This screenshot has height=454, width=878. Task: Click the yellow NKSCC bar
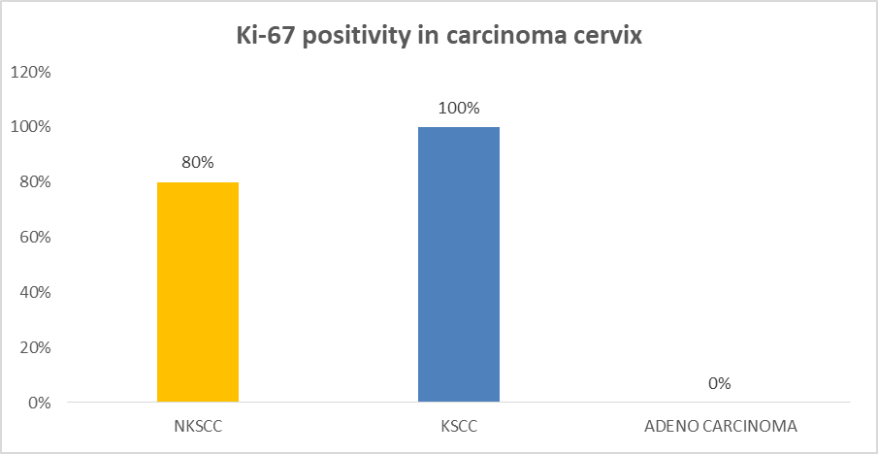tap(198, 292)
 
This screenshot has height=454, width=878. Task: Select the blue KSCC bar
tap(459, 265)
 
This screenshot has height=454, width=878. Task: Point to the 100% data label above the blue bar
tap(459, 108)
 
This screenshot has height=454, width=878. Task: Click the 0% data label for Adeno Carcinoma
tap(720, 383)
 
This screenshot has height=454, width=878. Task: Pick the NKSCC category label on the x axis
tap(198, 427)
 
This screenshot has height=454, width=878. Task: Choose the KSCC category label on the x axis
tap(459, 427)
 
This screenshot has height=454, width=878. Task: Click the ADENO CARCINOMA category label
tap(720, 427)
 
